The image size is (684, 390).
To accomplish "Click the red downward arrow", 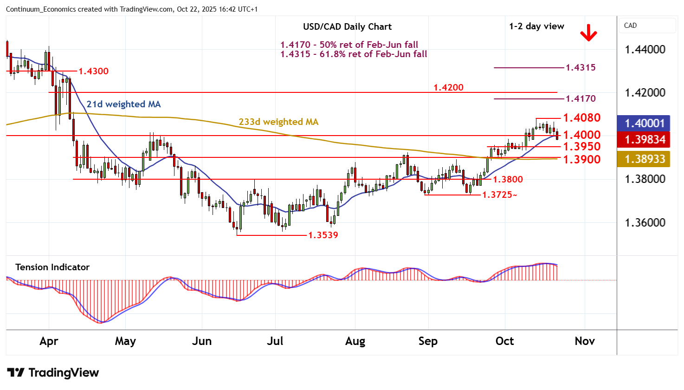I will tap(588, 33).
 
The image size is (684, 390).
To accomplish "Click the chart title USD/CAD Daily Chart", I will tap(347, 27).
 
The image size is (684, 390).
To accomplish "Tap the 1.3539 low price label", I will tap(323, 235).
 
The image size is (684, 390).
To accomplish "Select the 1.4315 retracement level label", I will tap(581, 68).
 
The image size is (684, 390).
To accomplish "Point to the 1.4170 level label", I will tap(581, 98).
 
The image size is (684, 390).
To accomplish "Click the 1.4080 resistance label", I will tap(581, 118).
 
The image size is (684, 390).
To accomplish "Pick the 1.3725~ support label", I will tap(499, 195).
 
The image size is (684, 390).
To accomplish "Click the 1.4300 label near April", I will tap(93, 71).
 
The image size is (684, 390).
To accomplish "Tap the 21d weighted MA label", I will tap(123, 104).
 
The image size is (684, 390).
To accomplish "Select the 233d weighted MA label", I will tap(278, 122).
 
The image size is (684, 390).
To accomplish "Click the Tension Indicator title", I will tap(52, 267).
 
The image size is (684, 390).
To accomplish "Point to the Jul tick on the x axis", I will tap(275, 341).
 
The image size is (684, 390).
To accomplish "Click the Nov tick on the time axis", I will tap(585, 341).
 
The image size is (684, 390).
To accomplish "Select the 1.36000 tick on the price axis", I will tap(645, 223).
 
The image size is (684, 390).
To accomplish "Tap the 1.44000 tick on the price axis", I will tap(645, 50).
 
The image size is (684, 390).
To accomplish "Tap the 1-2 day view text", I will tap(536, 26).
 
